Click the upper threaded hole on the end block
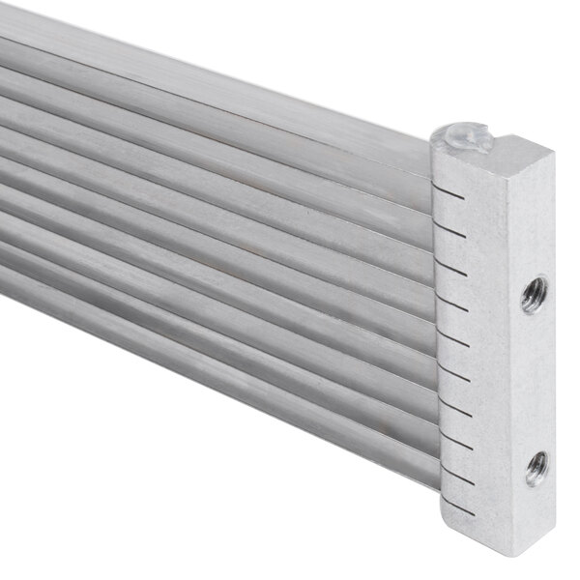coord(533,293)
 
